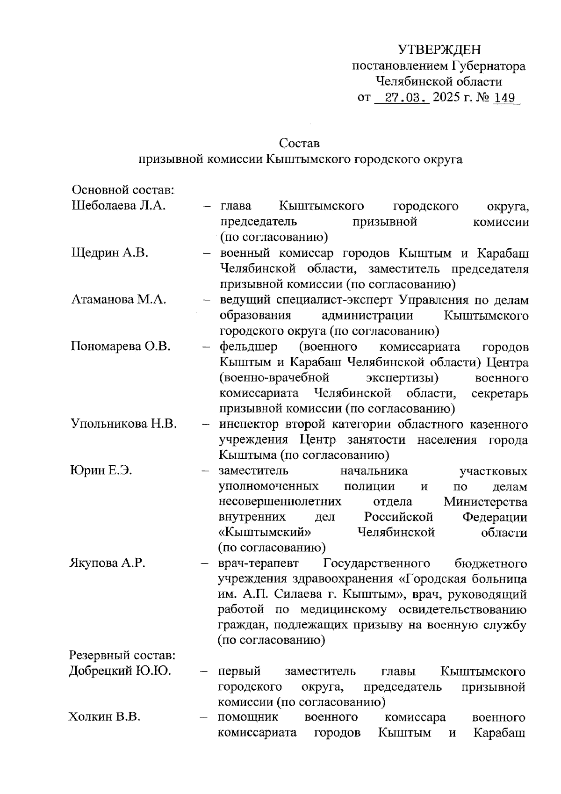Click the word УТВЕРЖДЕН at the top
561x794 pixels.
coord(439,50)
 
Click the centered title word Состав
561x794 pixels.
coord(299,143)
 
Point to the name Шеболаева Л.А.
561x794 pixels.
coord(119,206)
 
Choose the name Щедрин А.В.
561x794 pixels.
coord(110,253)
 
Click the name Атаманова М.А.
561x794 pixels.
coord(119,300)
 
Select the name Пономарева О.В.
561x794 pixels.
coord(121,346)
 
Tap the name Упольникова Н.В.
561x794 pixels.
coord(124,424)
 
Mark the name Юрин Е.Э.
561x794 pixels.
coord(101,470)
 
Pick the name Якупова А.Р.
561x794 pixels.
coord(108,563)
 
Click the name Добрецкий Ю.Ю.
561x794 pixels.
coord(120,671)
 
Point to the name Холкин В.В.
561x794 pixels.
coord(105,717)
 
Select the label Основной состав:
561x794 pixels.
coord(123,190)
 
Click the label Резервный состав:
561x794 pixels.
coord(122,656)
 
